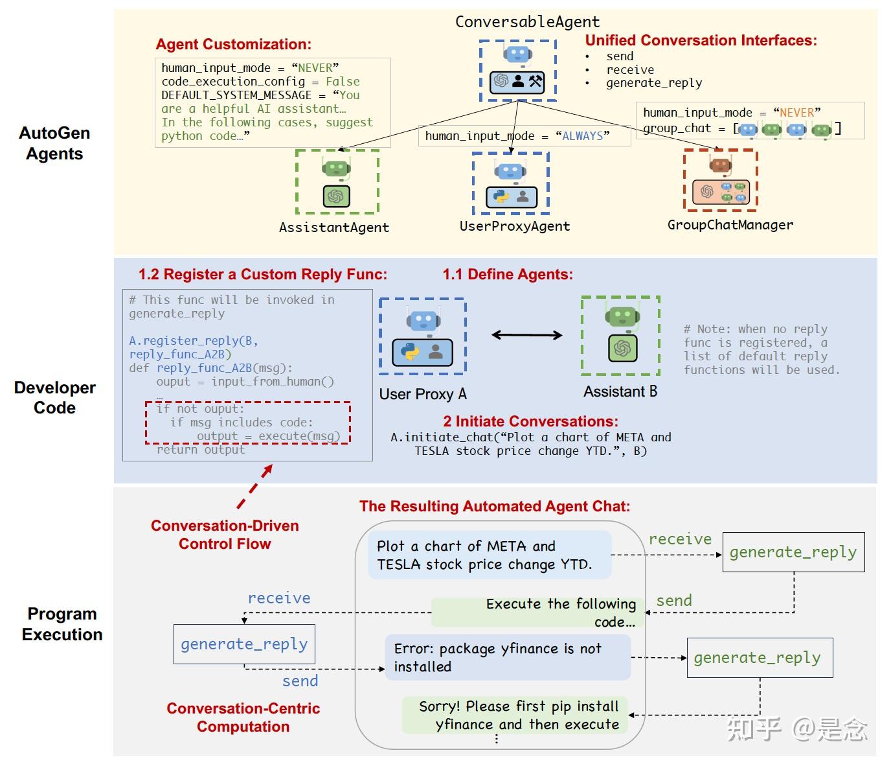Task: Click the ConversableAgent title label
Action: [x=527, y=22]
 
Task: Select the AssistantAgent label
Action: [x=333, y=227]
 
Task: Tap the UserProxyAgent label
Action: [x=514, y=226]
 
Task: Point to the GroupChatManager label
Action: [x=730, y=225]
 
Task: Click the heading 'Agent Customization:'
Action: [x=233, y=45]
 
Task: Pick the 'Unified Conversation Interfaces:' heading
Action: [x=701, y=41]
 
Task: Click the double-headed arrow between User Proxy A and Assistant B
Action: [x=526, y=335]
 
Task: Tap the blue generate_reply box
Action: [x=244, y=644]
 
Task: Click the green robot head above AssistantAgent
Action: [x=336, y=168]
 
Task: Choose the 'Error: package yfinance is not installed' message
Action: [x=508, y=657]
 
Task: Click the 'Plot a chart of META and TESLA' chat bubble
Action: [x=490, y=555]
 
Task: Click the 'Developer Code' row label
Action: [x=55, y=397]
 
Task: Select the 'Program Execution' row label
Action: [x=62, y=623]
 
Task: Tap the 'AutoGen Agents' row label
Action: [x=54, y=143]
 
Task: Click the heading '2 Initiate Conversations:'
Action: [x=530, y=421]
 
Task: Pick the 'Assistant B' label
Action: [x=620, y=391]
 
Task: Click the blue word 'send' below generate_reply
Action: [x=300, y=681]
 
